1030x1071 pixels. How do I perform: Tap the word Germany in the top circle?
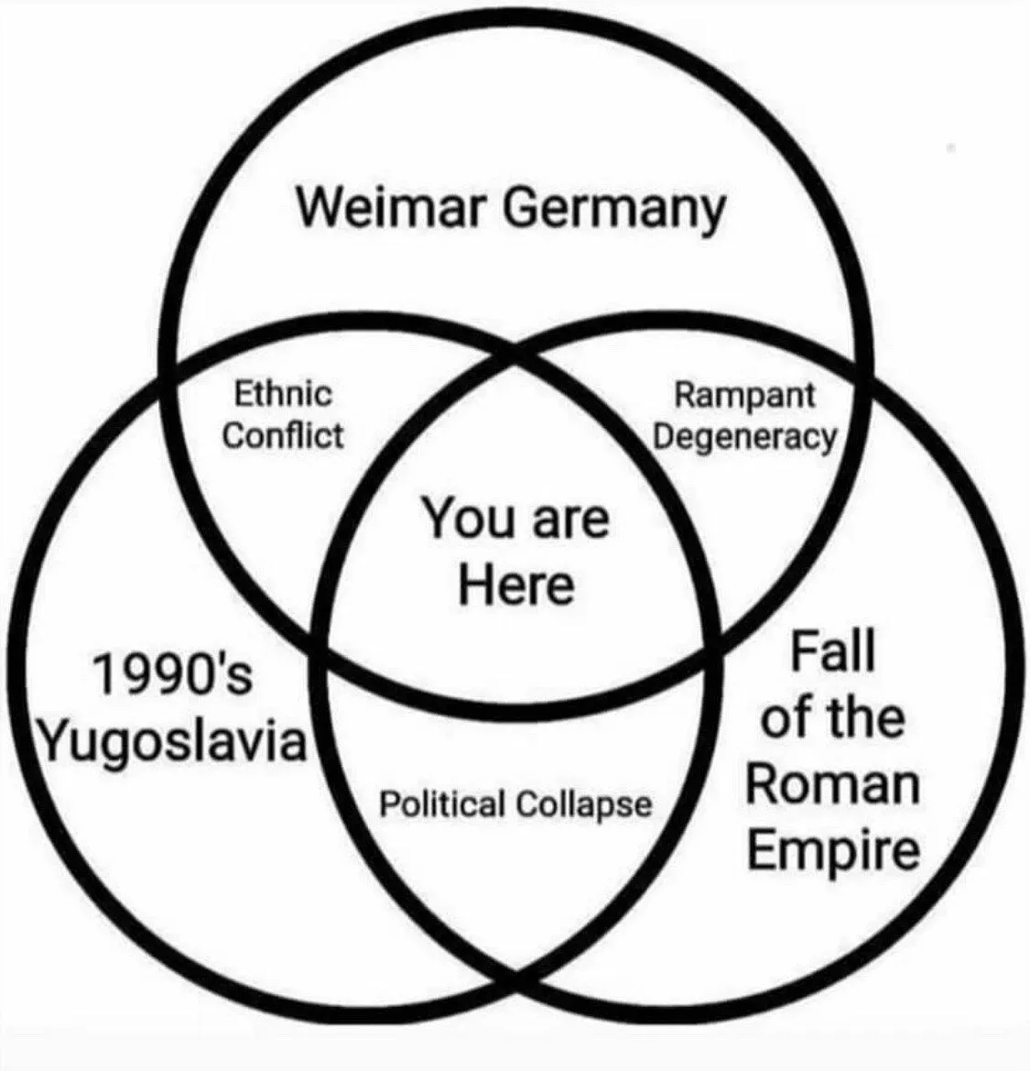[x=613, y=211]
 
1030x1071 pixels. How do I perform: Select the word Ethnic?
[x=284, y=395]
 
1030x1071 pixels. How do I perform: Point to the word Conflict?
[x=284, y=435]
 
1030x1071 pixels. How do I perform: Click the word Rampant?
[x=743, y=396]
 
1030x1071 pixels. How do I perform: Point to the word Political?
[x=442, y=805]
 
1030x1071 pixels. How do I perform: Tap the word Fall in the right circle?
[x=832, y=651]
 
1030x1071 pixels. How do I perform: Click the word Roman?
[x=832, y=784]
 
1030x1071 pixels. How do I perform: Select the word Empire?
[x=832, y=849]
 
